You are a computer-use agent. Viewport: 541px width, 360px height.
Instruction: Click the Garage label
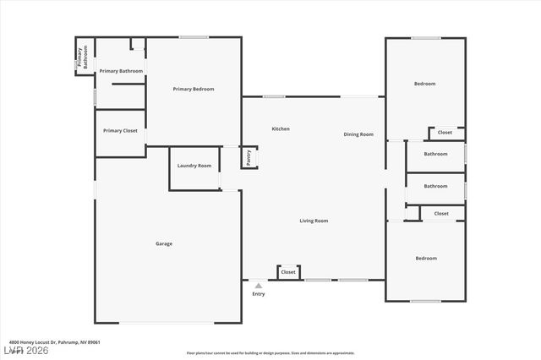click(164, 243)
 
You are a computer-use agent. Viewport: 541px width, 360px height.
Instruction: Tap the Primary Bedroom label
click(194, 89)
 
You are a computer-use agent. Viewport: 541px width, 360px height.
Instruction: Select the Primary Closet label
click(120, 131)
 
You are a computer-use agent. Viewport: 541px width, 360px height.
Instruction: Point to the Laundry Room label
click(194, 166)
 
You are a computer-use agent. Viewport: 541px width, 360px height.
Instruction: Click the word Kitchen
click(281, 128)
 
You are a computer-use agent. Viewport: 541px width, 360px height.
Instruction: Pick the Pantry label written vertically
click(249, 156)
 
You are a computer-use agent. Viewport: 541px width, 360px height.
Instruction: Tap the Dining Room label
click(358, 134)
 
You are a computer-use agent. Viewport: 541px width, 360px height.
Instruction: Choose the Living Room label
click(314, 221)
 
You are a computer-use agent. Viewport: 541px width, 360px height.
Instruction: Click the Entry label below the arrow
click(259, 293)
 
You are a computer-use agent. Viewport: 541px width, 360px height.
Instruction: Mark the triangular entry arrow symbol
click(259, 286)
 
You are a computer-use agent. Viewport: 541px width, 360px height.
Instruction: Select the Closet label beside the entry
click(288, 272)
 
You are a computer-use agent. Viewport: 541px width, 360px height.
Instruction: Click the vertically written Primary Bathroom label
click(81, 57)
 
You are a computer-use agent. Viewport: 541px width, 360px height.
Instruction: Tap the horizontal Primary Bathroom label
click(121, 71)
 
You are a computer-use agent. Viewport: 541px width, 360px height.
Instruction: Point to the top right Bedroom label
click(424, 83)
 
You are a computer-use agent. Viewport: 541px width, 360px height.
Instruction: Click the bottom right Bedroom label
click(425, 258)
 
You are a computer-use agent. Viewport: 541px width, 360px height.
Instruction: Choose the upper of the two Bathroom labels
click(435, 154)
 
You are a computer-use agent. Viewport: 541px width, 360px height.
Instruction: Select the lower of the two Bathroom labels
click(435, 186)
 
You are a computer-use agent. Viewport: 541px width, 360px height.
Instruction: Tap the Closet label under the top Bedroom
click(445, 133)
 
